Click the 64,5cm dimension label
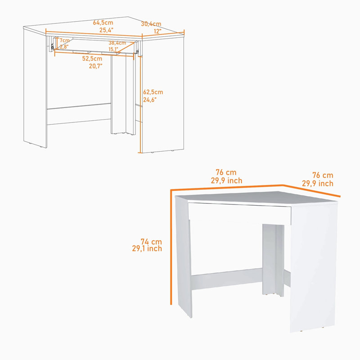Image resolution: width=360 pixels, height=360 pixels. coord(103,22)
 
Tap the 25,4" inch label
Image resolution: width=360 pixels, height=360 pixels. coord(106,30)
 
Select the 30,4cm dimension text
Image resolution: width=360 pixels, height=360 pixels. coord(151,24)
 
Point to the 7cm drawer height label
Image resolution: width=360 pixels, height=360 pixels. coord(64,40)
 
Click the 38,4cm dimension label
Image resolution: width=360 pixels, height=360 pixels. coord(117,43)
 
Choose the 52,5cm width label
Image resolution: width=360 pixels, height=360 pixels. coord(92,58)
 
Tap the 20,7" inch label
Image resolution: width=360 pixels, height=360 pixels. coord(96,66)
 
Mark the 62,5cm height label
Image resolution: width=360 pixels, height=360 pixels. coord(153,92)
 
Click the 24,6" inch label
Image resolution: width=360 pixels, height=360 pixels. coord(150,99)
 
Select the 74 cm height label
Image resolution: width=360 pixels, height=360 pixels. coord(151,242)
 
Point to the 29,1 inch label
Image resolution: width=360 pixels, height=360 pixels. coord(147,248)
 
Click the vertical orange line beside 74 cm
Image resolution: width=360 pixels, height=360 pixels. coord(171,247)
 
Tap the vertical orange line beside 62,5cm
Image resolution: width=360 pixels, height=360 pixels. coord(140,104)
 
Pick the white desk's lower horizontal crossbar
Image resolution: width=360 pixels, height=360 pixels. coord(227,279)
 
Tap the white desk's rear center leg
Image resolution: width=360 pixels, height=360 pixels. coord(273,260)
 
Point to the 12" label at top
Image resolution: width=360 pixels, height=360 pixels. coord(157,31)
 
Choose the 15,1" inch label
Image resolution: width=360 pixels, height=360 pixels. coord(113,49)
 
